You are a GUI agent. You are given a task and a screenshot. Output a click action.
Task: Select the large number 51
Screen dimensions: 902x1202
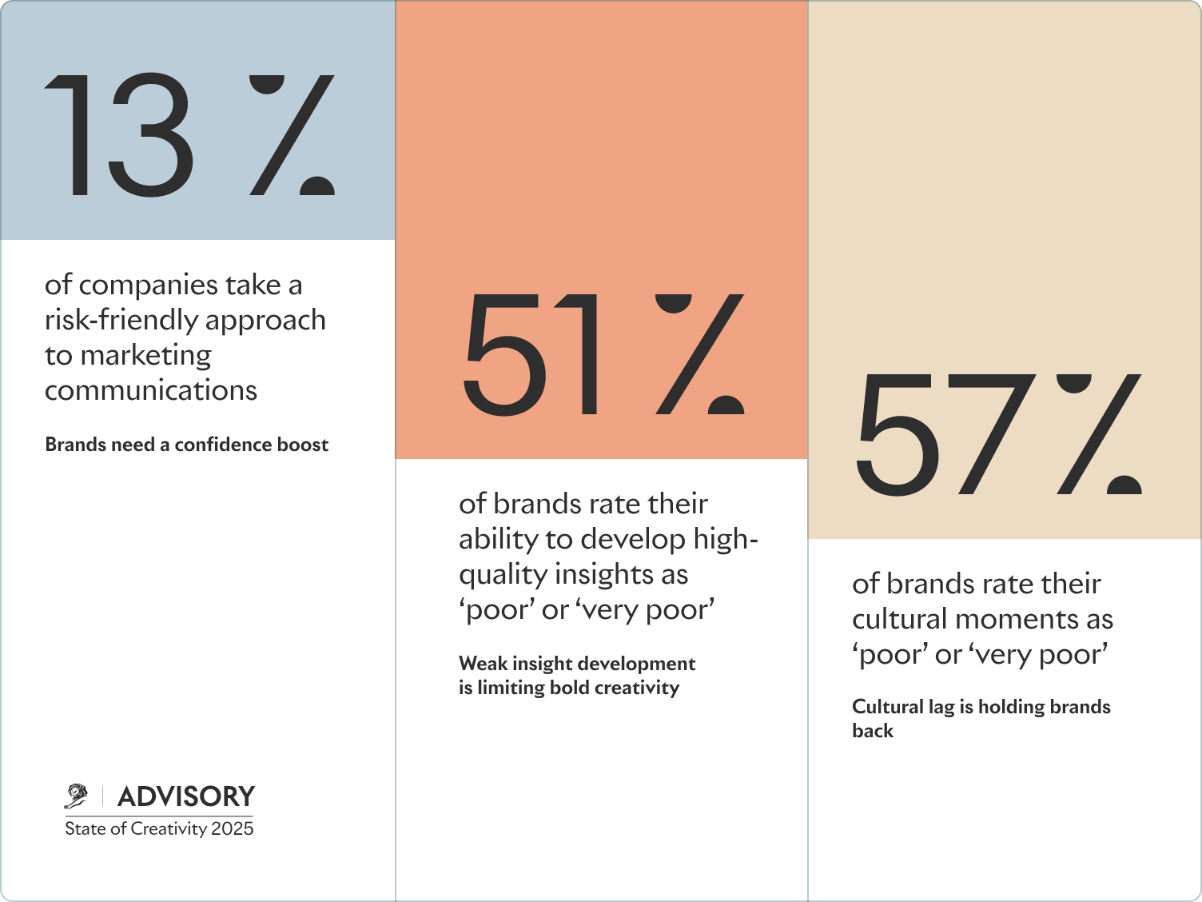coord(531,353)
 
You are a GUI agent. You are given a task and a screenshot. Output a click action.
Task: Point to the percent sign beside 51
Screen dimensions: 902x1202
coord(700,353)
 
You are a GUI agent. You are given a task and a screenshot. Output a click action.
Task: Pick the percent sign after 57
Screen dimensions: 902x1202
coord(1099,433)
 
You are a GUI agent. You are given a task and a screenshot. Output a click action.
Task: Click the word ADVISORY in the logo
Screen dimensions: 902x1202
coord(186,796)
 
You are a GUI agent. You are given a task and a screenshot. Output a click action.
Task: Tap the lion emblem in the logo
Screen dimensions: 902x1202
coord(77,796)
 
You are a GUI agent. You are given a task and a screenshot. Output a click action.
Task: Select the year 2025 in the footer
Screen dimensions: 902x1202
coord(233,828)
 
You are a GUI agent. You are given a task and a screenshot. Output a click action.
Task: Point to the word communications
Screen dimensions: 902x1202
coord(151,390)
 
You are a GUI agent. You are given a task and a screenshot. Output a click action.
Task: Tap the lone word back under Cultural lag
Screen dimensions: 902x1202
coord(873,731)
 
